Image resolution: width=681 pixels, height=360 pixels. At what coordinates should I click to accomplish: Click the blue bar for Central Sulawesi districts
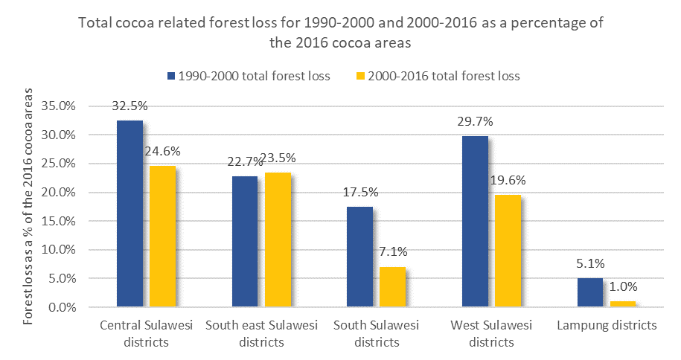[130, 213]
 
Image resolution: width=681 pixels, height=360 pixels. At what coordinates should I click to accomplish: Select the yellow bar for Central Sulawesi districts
[163, 237]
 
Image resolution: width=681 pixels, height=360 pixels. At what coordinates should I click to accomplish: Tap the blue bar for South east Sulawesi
[245, 242]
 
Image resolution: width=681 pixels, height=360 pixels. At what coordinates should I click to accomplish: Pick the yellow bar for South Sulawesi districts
[393, 287]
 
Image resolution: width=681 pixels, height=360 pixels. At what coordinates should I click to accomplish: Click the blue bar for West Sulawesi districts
[475, 222]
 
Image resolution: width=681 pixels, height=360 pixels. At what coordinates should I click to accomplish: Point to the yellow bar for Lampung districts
[623, 304]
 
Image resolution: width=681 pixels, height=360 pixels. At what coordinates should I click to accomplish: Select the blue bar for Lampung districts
[590, 293]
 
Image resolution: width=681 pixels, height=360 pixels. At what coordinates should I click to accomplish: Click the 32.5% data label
[130, 106]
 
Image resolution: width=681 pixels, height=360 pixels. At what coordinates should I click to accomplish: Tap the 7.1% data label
[394, 251]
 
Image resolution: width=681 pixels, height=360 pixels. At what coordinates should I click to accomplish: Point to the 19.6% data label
[508, 180]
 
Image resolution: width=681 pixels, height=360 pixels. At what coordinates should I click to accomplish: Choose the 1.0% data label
[623, 286]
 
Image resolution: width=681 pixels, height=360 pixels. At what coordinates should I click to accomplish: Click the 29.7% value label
[475, 121]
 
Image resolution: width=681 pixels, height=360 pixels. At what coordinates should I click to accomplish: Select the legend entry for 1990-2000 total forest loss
[249, 76]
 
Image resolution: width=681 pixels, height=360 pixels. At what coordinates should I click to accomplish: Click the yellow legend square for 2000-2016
[360, 76]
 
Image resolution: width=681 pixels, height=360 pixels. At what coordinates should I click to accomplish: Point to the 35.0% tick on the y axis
[59, 106]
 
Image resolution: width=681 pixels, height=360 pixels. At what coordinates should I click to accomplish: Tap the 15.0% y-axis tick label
[59, 221]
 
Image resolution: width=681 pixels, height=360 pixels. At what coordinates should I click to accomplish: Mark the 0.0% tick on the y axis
[62, 307]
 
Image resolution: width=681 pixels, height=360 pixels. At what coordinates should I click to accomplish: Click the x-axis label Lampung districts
[607, 325]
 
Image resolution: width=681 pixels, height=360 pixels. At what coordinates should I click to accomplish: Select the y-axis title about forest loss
[28, 206]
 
